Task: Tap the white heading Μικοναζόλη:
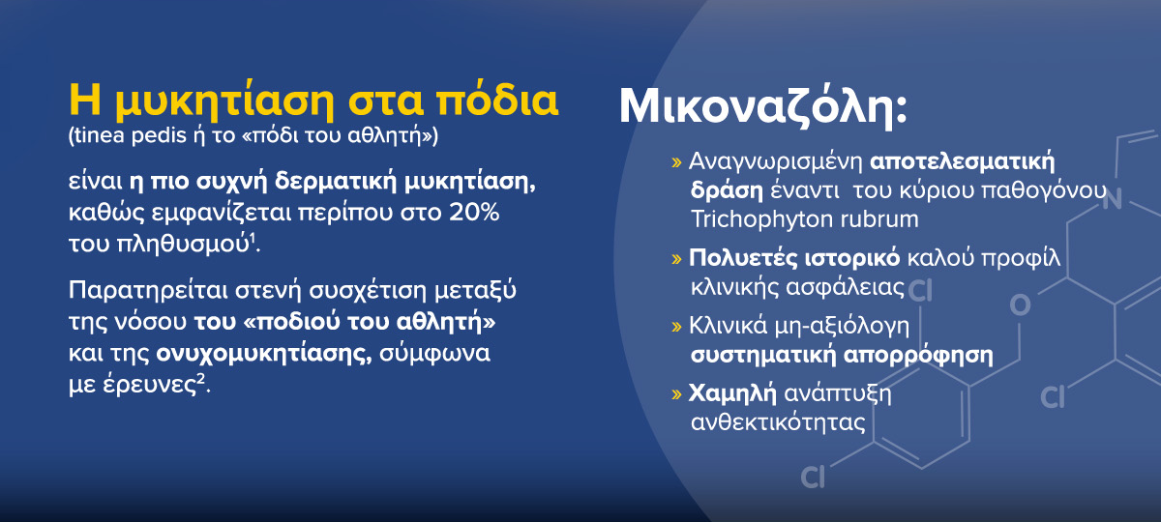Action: [763, 107]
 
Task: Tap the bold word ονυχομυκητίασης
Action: [264, 354]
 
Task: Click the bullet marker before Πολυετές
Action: [676, 258]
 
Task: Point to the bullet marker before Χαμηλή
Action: [676, 394]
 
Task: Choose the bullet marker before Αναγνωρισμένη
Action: [676, 162]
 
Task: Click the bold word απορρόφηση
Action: [918, 356]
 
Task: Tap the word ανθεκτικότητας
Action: [778, 422]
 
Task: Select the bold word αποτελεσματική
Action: [962, 162]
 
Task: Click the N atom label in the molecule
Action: [1112, 199]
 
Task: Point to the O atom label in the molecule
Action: [1020, 305]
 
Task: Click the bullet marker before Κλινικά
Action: [676, 327]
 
